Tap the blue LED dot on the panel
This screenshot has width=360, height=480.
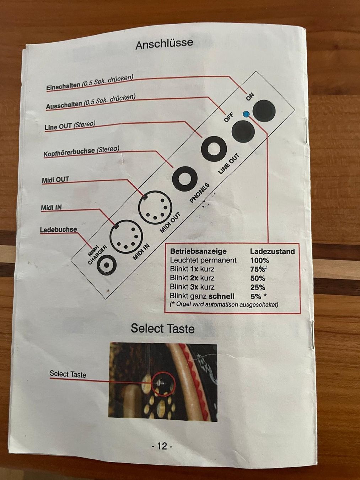tap(246, 114)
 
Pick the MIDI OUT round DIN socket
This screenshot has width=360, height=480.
tap(155, 208)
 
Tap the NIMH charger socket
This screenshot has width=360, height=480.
tap(107, 265)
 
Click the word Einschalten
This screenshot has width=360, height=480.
tap(63, 86)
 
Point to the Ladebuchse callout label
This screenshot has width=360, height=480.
tap(59, 230)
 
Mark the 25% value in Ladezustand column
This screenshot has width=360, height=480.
tap(258, 287)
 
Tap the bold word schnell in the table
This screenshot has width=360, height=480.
tap(221, 296)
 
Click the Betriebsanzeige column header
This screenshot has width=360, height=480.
tap(198, 251)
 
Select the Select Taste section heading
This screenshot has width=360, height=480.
tap(163, 329)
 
